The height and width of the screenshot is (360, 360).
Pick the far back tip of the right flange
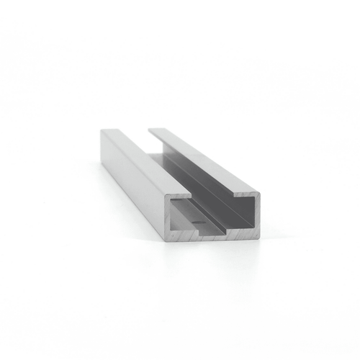(151, 130)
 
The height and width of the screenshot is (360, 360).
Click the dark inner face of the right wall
(216, 184)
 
